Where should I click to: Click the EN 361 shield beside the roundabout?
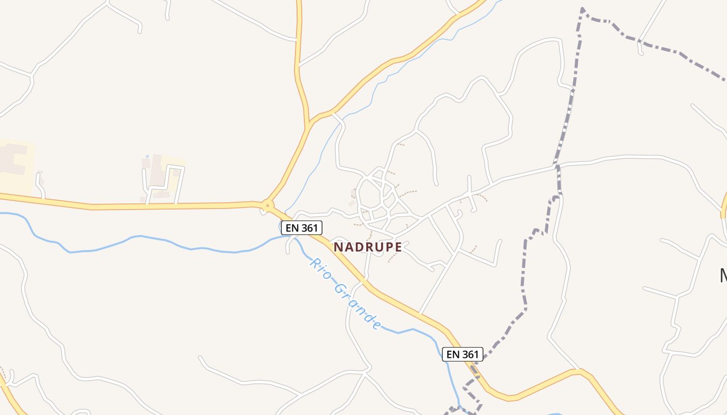302,227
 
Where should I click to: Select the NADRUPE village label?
368,247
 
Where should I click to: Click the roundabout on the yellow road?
267,206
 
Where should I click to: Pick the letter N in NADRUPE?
338,247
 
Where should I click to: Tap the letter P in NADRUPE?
387,247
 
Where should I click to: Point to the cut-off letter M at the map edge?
723,275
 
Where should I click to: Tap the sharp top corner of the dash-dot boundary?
583,9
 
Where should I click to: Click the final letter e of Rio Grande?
377,326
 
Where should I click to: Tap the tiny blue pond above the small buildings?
147,156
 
